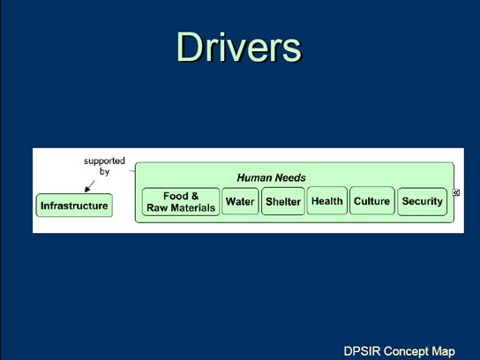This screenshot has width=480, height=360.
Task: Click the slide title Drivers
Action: pos(239,47)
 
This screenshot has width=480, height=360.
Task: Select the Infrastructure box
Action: pos(74,206)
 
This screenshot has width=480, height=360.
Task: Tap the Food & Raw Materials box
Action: pos(181,202)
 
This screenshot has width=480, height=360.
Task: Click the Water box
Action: pos(240,201)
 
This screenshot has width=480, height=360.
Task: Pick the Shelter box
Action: pos(283,201)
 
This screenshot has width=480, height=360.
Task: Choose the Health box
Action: pos(327,200)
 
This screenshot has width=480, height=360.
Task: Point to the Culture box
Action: pos(372,200)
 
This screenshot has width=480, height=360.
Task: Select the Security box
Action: pos(422,201)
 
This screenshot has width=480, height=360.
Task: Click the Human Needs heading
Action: pos(271,177)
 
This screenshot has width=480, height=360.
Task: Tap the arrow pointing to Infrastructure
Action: pos(89,186)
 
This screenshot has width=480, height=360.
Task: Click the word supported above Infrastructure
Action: pos(104,161)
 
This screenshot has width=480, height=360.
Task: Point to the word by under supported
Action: pos(104,171)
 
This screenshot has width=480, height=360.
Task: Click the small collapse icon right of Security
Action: pos(456,192)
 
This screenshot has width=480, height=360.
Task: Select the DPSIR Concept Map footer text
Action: pos(399,351)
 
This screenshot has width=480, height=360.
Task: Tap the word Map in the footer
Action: pos(444,351)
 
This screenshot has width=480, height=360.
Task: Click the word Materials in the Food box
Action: pos(193,208)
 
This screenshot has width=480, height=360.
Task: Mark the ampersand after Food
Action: pos(195,196)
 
